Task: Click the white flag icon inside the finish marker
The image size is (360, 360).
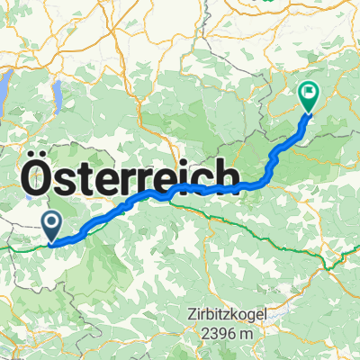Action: click(x=309, y=91)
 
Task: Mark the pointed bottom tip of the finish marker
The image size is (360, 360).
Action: click(x=309, y=113)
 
